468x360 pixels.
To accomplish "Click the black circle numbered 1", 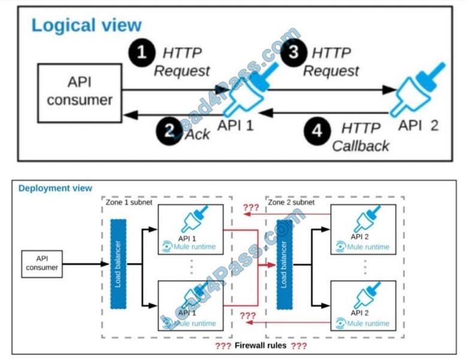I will coord(142,52).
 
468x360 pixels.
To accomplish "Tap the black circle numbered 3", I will coord(292,52).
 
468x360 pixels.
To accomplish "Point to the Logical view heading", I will coord(86,25).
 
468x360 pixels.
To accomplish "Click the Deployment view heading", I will coord(55,188).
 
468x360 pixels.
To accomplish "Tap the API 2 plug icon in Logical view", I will coord(417,91).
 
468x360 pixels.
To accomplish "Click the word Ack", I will coord(197,134).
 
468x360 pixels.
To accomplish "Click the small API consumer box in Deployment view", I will coord(42,263).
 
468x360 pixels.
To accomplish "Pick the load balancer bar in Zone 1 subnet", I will coord(119,264).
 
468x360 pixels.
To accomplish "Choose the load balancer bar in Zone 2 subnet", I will coord(284,264).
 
